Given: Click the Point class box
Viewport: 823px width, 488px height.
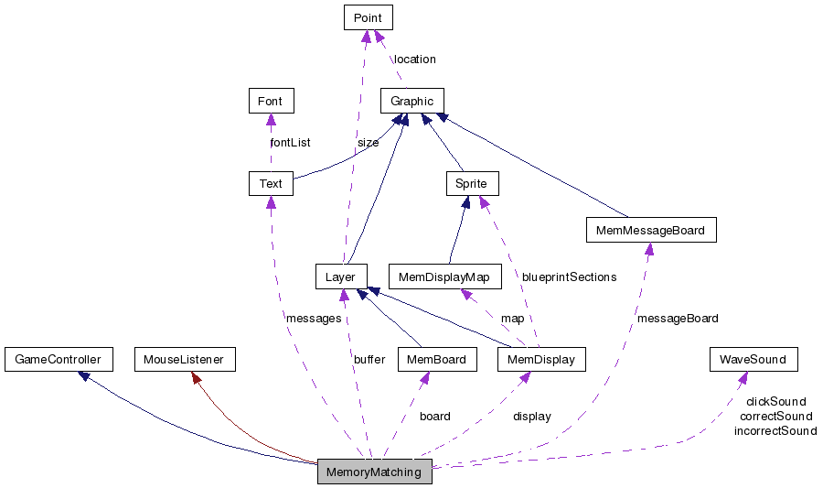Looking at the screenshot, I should coord(369,16).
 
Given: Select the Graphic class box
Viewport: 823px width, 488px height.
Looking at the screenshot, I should coord(412,101).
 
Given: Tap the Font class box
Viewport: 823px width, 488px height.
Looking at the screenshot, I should coord(271,101).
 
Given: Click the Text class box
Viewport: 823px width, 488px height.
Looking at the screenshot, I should coord(271,183).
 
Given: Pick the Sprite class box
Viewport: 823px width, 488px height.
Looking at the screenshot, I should coord(472,183).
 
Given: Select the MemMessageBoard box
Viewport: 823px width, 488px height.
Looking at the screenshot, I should coord(650,230).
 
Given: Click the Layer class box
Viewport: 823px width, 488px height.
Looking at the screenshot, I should coord(341,277).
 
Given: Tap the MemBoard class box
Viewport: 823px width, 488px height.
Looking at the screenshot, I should coord(438,360).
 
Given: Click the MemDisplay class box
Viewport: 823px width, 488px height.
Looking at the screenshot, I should coord(542,360).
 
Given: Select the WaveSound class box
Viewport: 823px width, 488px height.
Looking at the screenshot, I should coord(753,360).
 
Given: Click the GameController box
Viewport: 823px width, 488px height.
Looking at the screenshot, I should coord(58,360).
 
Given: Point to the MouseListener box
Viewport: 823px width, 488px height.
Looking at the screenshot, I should coord(184,360).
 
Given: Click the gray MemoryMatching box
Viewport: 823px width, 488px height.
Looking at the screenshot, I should coord(374,472).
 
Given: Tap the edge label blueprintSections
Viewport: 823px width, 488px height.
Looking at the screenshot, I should coord(569,277).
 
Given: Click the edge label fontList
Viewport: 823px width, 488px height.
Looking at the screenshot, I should coord(290,143).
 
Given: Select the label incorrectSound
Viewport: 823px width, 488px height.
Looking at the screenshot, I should coord(775,430).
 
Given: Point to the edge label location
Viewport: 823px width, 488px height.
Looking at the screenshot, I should coord(415,60).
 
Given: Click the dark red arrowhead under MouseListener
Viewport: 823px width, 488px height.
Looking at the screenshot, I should coord(195,377).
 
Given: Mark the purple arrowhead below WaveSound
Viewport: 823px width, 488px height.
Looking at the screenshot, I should coord(743,377).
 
